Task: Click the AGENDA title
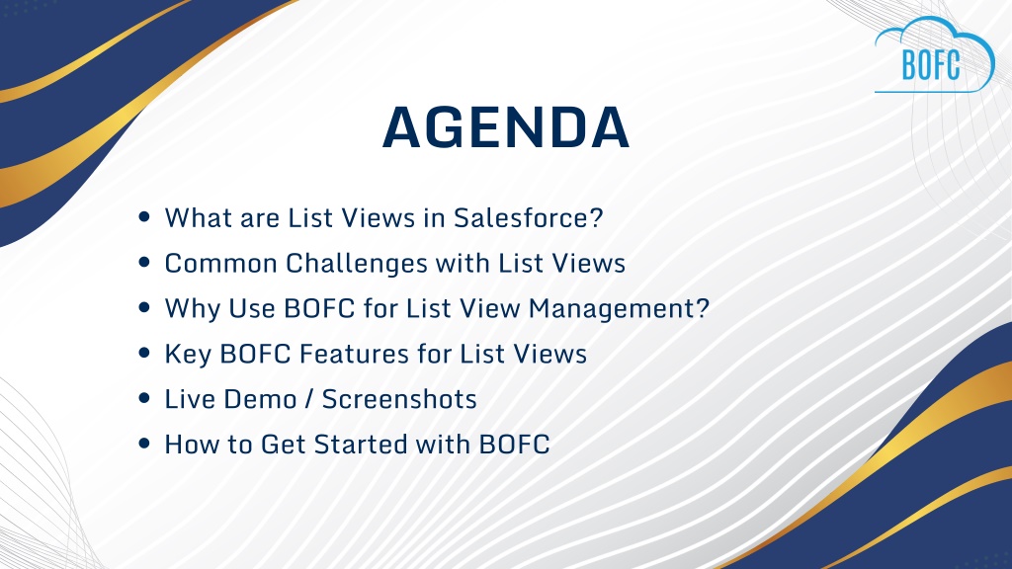point(505,127)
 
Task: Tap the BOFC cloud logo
point(935,55)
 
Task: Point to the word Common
point(220,263)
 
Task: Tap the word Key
point(188,355)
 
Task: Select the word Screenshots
point(399,399)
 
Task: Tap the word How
point(192,445)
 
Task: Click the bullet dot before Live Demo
point(144,398)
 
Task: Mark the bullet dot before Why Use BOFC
point(144,308)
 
